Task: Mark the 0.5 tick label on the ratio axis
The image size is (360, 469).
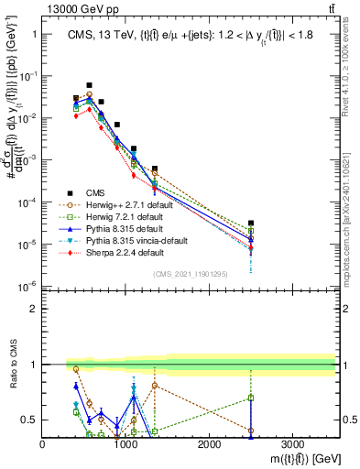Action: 30,420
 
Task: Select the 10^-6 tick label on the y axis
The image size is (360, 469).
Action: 27,286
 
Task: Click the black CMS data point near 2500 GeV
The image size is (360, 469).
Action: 251,223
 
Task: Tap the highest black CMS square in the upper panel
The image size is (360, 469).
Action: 89,84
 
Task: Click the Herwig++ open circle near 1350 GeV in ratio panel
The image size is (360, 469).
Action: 155,386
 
